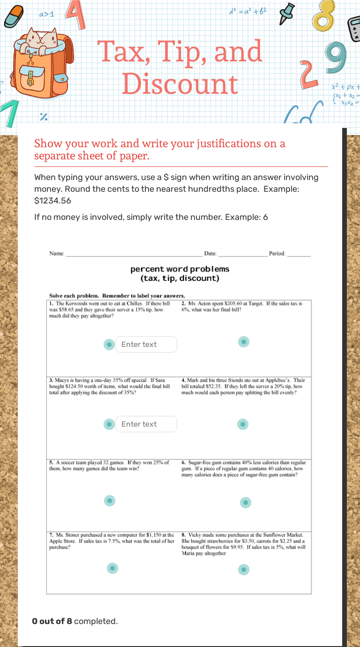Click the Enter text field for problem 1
pyautogui.click(x=146, y=344)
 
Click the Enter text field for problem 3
pyautogui.click(x=146, y=424)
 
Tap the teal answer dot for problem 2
pyautogui.click(x=243, y=342)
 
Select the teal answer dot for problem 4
pyautogui.click(x=242, y=424)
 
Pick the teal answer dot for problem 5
pyautogui.click(x=109, y=501)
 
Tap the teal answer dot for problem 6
pyautogui.click(x=246, y=503)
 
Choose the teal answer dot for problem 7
pyautogui.click(x=112, y=568)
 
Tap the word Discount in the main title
pyautogui.click(x=180, y=84)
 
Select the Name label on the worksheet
pyautogui.click(x=57, y=254)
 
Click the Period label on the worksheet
pyautogui.click(x=277, y=254)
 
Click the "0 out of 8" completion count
pyautogui.click(x=52, y=621)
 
